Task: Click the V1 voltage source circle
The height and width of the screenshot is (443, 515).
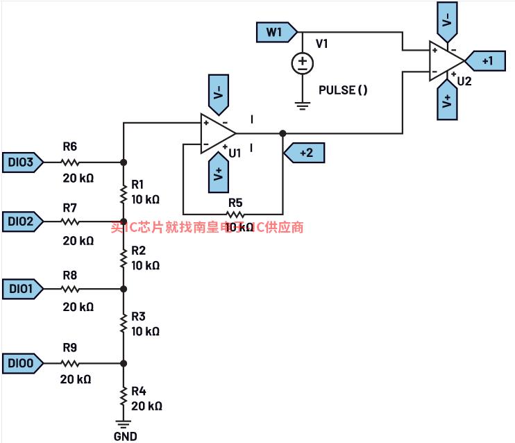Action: point(302,64)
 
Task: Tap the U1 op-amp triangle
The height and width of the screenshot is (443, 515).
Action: point(217,131)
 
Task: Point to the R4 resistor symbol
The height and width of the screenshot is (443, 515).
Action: point(124,396)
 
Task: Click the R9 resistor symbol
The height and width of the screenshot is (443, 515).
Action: point(70,362)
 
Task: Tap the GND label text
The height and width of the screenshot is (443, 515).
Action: point(125,436)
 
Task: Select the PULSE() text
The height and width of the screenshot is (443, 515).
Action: point(342,90)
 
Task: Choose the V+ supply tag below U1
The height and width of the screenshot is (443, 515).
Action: point(218,174)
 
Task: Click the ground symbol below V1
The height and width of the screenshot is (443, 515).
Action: point(302,105)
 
